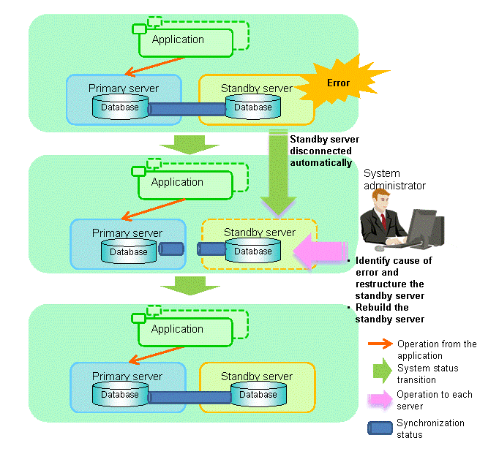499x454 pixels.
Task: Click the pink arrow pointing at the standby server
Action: [320, 251]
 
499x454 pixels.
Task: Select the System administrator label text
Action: [394, 180]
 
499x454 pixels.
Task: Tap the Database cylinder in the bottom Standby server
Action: [258, 395]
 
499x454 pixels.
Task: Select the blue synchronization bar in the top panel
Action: [187, 109]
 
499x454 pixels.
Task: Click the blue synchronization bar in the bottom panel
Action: [190, 396]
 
